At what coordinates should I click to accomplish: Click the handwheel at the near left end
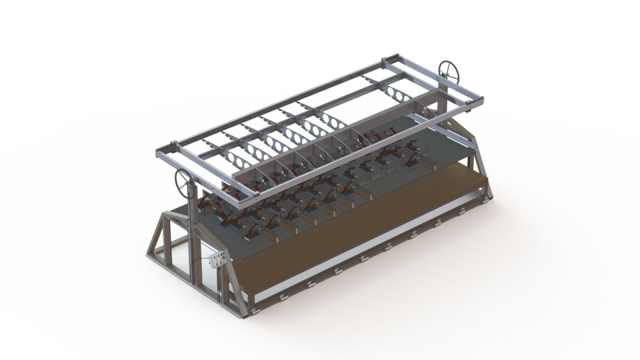[185, 181]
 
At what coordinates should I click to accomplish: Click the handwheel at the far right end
[447, 71]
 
